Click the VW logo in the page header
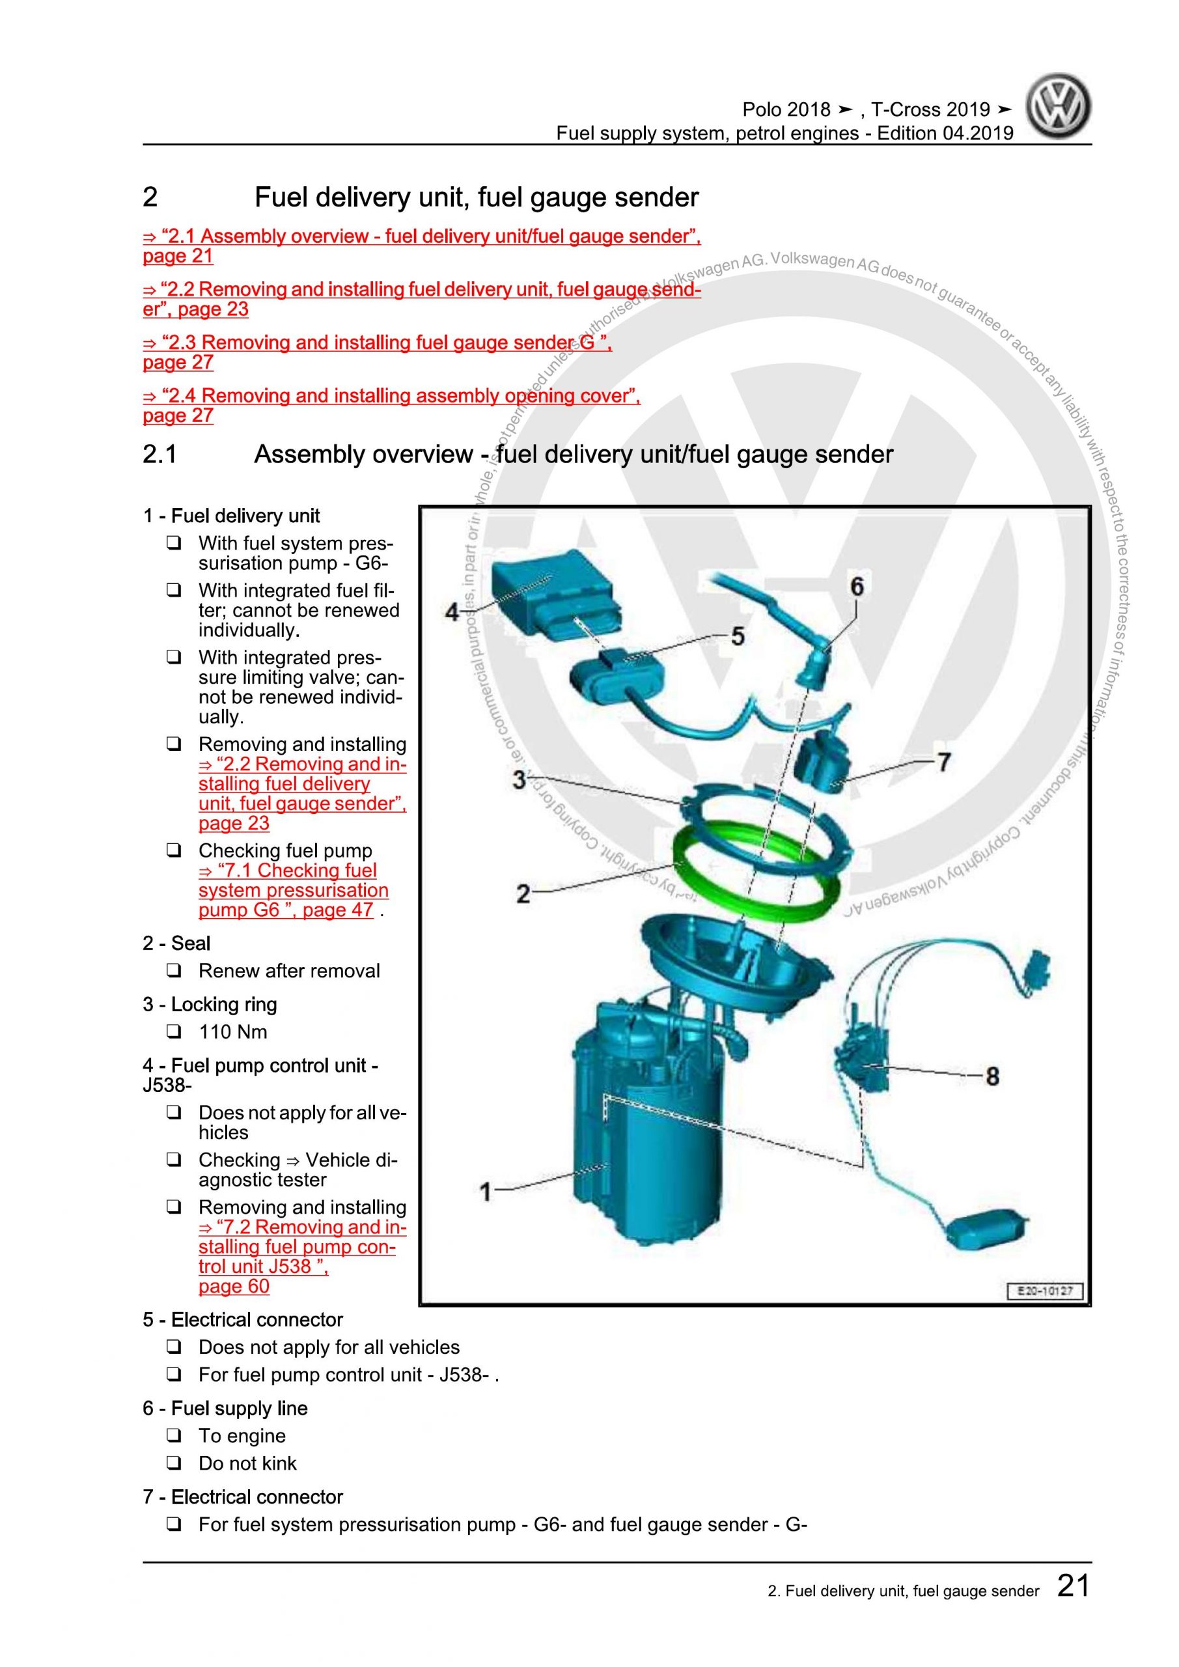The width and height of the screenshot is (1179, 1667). click(x=1059, y=107)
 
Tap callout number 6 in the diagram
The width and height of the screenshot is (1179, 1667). click(x=857, y=586)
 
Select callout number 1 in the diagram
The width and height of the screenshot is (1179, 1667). click(x=486, y=1192)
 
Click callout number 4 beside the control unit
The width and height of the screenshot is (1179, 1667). click(x=452, y=612)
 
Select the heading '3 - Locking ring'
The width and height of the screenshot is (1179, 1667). click(x=210, y=1004)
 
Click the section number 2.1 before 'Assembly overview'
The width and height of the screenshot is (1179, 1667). click(x=160, y=455)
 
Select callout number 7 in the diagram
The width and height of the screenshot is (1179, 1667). click(x=943, y=762)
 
